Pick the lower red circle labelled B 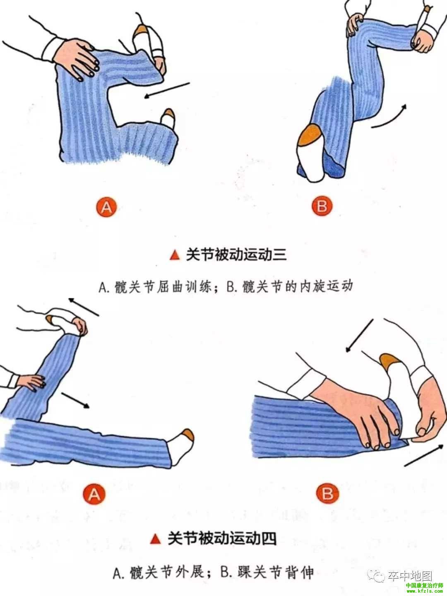[327, 493]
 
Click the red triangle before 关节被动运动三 [175, 255]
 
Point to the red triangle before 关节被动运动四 [155, 539]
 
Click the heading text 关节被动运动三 [236, 255]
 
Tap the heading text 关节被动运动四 [222, 538]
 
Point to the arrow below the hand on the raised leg [75, 400]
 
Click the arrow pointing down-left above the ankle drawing [359, 336]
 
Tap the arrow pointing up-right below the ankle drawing [424, 455]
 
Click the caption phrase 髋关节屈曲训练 [163, 287]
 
